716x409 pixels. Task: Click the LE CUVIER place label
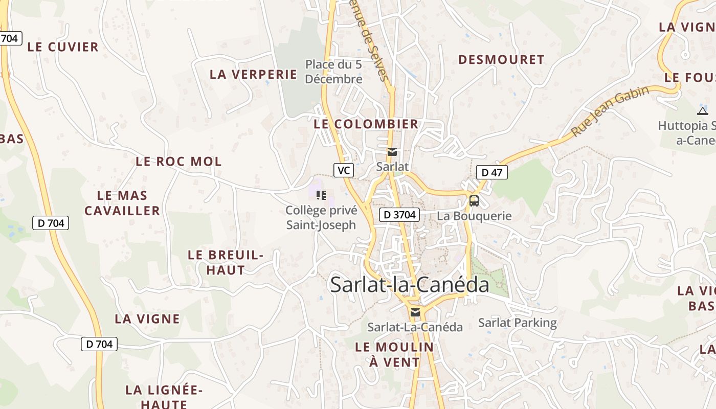pos(63,47)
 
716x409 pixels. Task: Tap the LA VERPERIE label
pos(253,74)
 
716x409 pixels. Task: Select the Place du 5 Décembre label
pos(333,72)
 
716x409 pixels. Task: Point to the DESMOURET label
pos(501,60)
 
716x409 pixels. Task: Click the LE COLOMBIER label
pos(366,124)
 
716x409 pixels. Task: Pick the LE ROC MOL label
pos(178,162)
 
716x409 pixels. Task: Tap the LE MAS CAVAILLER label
pos(122,202)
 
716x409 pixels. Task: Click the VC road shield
pos(344,170)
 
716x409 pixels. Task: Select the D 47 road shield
pos(492,172)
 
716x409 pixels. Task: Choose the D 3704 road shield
pos(399,215)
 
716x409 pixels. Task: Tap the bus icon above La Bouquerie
pos(474,200)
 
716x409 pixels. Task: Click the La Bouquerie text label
pos(474,216)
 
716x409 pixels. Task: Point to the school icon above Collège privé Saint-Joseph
pos(321,195)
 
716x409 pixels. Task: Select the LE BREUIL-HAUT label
pos(226,262)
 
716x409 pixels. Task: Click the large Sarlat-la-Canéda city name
pos(410,284)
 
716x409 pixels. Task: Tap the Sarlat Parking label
pos(518,323)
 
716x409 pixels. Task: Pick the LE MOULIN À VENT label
pos(394,354)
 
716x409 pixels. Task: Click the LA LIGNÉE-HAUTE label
pos(164,397)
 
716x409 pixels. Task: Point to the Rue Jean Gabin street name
pos(610,111)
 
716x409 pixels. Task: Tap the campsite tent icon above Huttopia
pos(703,111)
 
